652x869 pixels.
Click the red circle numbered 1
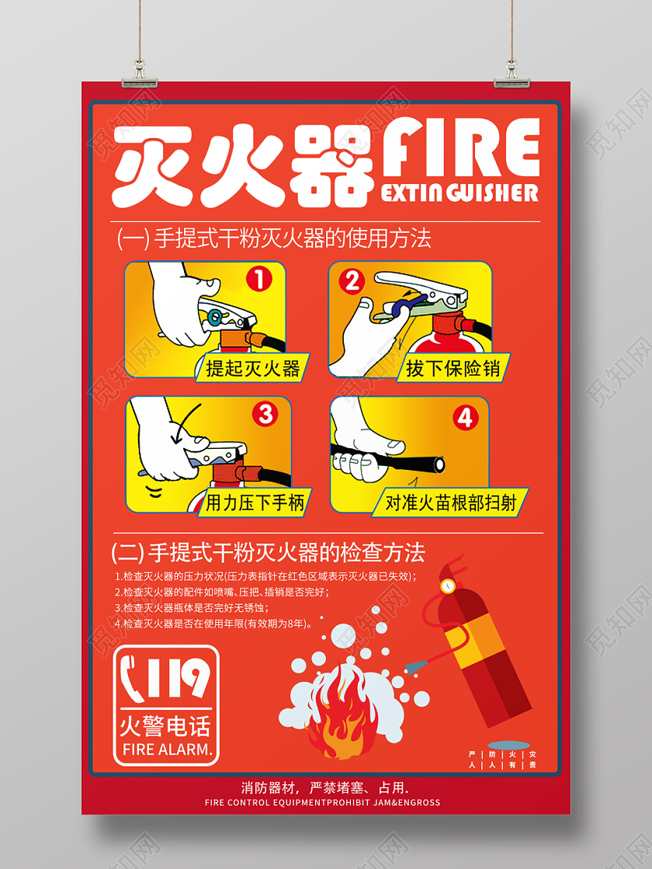pos(260,278)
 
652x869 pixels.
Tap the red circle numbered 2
pos(353,280)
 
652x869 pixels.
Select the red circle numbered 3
pos(266,414)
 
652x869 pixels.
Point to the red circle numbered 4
pos(465,418)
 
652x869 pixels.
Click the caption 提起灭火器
pos(253,367)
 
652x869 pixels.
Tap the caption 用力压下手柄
pos(257,502)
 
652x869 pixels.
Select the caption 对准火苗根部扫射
pos(451,502)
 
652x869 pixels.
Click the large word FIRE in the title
pos(461,148)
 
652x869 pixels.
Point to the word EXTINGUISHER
pos(460,193)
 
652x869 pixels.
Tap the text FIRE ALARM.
pos(168,749)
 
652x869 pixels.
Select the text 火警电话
pos(165,726)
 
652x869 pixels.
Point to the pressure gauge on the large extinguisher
pos(447,586)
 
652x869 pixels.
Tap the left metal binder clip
pos(139,75)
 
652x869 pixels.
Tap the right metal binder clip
pos(512,75)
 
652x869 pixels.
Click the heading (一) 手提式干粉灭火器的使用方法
pos(274,238)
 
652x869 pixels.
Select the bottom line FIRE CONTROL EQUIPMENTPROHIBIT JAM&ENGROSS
pos(322,802)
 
